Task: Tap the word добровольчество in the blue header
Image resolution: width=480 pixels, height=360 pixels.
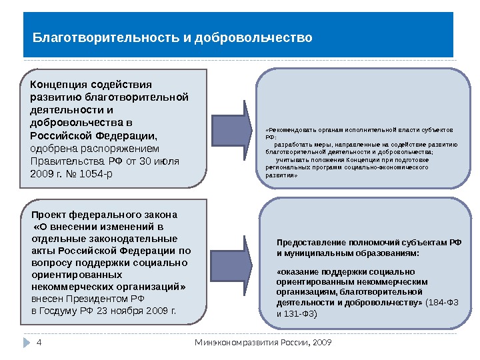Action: (x=253, y=38)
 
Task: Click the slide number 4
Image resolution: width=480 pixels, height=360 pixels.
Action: (x=39, y=343)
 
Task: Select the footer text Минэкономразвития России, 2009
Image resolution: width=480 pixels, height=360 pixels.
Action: (x=263, y=343)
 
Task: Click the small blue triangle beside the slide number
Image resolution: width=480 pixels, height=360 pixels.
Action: (x=28, y=343)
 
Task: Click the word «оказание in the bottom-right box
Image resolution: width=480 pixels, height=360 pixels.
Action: (x=297, y=272)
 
